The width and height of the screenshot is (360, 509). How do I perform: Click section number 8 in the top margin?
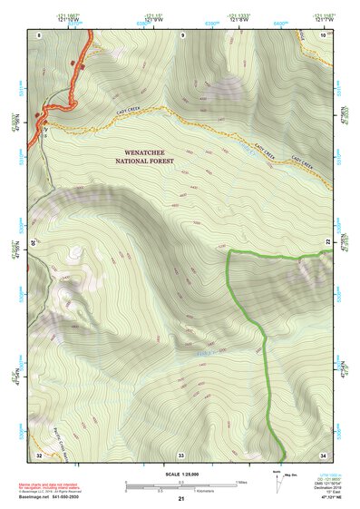point(39,34)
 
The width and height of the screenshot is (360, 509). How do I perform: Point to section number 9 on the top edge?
point(182,34)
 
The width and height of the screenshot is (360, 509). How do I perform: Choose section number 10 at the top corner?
point(324,34)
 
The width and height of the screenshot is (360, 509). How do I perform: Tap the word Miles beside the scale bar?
point(240,482)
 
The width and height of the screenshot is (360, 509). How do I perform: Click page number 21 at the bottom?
point(180,499)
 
